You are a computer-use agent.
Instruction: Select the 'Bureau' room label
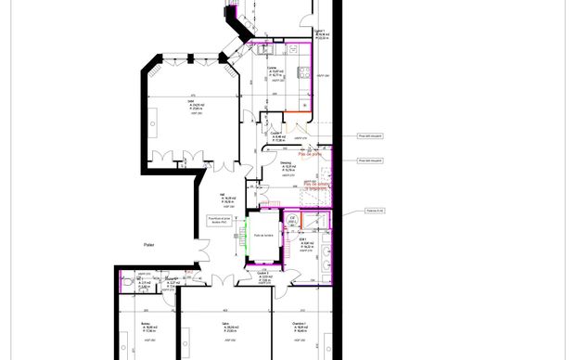tap(146, 324)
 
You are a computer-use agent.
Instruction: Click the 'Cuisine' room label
tap(273, 68)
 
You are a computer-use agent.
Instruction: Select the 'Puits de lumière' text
tap(263, 235)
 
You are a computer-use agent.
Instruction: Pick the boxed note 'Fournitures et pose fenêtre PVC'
tap(221, 219)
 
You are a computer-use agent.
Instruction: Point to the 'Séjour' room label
tap(196, 104)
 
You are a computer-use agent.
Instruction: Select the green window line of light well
tap(248, 236)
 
